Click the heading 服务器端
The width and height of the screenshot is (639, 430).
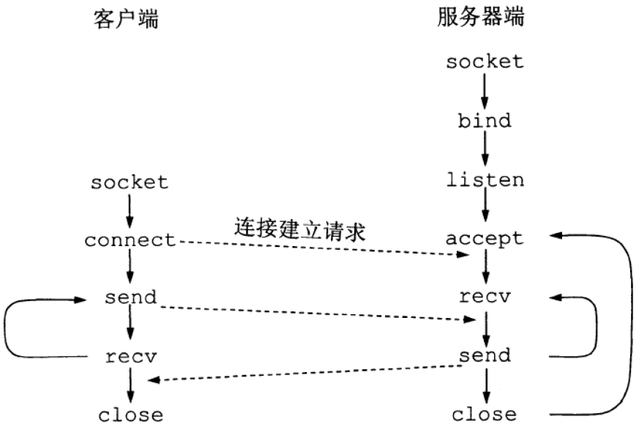[485, 17]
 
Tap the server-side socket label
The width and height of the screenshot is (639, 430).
[485, 61]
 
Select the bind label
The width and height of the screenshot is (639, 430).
[485, 120]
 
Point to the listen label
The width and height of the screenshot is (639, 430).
[485, 179]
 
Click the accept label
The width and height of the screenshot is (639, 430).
[485, 239]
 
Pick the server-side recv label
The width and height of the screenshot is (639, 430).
[485, 297]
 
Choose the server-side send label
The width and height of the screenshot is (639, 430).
[485, 356]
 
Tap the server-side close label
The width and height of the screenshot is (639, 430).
[485, 415]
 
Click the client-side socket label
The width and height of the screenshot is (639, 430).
[130, 182]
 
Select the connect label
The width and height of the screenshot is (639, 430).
[130, 240]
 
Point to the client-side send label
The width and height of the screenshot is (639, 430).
[130, 298]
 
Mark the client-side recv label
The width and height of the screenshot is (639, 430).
[130, 357]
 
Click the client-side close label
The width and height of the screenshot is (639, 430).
[130, 415]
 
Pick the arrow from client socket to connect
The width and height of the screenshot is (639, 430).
[130, 211]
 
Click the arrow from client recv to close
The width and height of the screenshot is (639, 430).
[130, 386]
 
